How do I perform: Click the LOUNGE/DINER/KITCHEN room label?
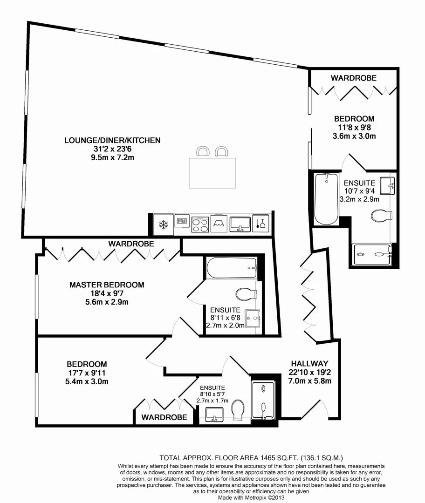tap(112, 140)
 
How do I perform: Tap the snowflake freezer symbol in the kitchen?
tap(164, 224)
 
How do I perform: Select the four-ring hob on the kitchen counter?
tap(200, 224)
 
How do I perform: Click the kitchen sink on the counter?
tap(240, 224)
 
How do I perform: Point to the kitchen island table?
tap(212, 173)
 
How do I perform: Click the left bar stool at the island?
tap(203, 151)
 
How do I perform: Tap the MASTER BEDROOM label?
tap(107, 285)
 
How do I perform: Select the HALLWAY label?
tap(310, 363)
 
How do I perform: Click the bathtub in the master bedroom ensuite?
tap(232, 268)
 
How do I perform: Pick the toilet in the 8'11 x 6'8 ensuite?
tap(246, 293)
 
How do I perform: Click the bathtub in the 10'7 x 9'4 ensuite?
tap(327, 198)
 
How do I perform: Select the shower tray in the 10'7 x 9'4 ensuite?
tap(372, 255)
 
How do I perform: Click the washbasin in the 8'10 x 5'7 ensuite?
tap(214, 415)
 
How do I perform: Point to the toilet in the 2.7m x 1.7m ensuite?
tap(238, 410)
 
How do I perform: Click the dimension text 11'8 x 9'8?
tap(354, 127)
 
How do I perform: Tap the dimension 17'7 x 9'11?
tap(86, 373)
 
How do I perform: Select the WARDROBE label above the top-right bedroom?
tap(354, 78)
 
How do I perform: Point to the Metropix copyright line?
tap(251, 497)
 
